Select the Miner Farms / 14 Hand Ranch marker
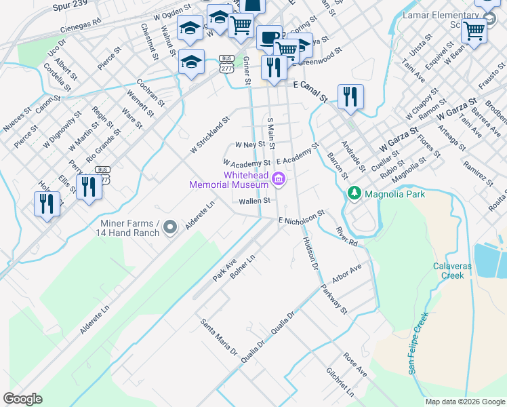click(x=169, y=226)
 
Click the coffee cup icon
click(x=269, y=37)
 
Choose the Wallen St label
click(x=254, y=201)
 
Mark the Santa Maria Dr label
click(x=218, y=337)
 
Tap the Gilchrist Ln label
click(x=340, y=382)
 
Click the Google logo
click(x=22, y=399)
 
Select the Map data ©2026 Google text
click(x=465, y=402)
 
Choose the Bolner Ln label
click(x=243, y=267)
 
